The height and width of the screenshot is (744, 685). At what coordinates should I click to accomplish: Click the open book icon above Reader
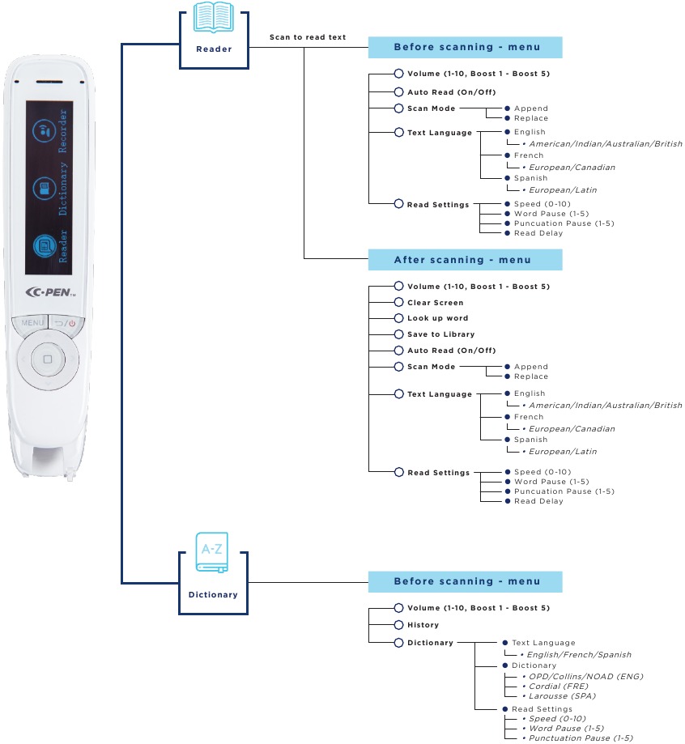214,17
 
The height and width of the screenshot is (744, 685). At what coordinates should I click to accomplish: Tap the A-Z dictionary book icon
212,552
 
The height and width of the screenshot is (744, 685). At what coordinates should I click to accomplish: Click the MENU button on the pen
32,323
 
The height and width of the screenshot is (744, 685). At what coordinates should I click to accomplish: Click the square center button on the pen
48,359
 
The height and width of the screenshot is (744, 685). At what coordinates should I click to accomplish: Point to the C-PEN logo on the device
50,292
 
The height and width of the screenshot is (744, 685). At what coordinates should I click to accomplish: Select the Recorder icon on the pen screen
45,130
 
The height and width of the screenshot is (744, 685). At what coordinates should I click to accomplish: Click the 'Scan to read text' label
308,37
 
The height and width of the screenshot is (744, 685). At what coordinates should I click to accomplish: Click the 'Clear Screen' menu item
435,303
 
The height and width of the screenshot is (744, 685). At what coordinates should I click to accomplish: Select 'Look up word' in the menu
437,318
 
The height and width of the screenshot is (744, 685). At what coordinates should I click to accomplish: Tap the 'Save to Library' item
440,334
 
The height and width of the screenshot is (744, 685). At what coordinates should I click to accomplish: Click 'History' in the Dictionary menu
423,625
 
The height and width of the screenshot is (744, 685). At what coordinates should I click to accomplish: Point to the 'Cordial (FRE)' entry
558,686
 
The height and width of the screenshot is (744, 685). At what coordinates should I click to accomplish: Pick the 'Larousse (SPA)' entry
562,696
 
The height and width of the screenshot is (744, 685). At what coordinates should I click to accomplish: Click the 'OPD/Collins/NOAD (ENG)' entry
585,677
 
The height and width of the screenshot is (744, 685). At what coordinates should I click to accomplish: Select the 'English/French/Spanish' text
579,655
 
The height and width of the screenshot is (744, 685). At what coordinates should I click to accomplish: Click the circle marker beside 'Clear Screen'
398,302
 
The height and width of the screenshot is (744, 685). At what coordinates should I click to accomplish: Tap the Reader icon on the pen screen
45,246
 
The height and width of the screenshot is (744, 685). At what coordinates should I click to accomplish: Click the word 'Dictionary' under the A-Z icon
213,594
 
